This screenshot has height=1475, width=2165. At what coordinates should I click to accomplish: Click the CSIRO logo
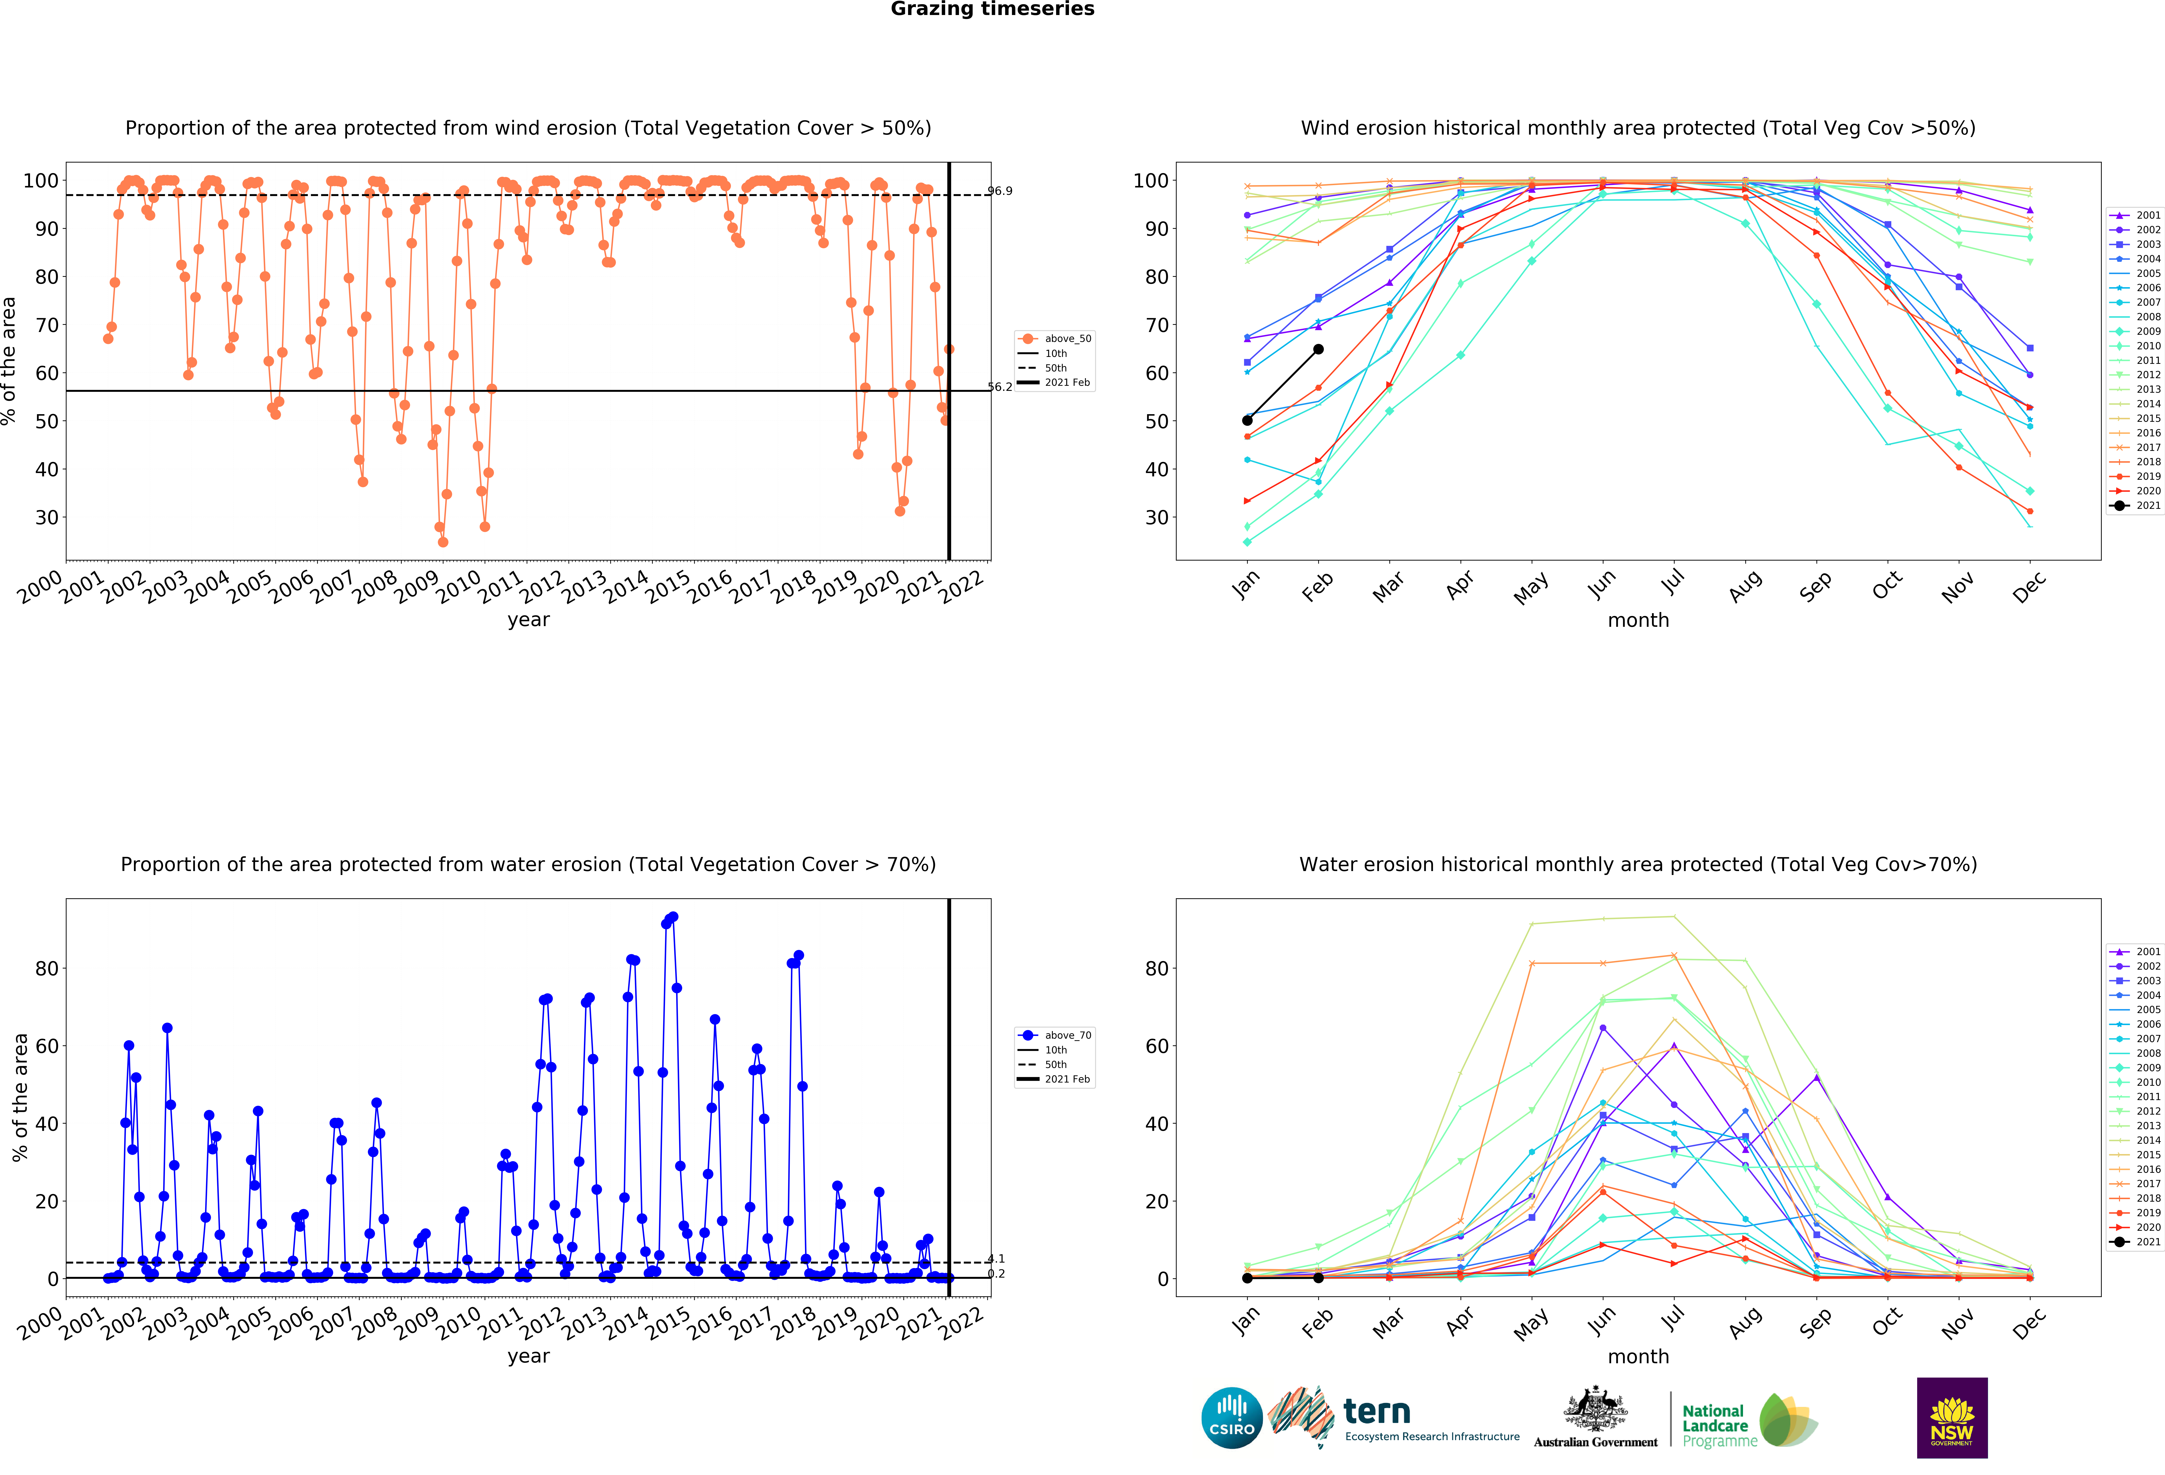pyautogui.click(x=1232, y=1418)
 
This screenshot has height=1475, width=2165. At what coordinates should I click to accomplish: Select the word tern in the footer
pyautogui.click(x=1377, y=1412)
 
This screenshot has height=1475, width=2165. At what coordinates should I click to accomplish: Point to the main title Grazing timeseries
pyautogui.click(x=992, y=9)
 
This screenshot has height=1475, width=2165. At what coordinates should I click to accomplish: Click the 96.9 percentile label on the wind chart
pyautogui.click(x=1000, y=191)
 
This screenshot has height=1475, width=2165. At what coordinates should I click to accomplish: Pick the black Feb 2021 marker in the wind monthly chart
pyautogui.click(x=1318, y=349)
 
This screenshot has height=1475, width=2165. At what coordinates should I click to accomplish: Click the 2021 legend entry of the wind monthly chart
pyautogui.click(x=2134, y=506)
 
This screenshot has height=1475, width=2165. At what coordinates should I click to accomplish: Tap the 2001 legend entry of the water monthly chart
pyautogui.click(x=2134, y=952)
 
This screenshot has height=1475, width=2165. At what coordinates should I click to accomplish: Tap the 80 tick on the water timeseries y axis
pyautogui.click(x=47, y=968)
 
